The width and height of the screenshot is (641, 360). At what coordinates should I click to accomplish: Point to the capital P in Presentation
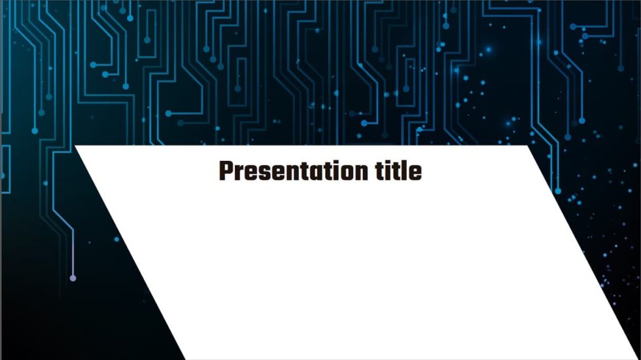point(226,171)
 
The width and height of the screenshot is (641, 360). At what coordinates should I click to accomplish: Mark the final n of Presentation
point(364,173)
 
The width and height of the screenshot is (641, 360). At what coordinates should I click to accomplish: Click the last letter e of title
point(415,173)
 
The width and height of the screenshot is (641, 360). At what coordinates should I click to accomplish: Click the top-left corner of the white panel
point(76,147)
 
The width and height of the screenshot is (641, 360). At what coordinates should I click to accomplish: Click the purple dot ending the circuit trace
point(73,278)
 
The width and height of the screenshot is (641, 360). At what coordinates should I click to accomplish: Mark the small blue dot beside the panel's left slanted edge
point(117,239)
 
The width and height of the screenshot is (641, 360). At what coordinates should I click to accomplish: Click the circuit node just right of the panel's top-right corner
point(557,191)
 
